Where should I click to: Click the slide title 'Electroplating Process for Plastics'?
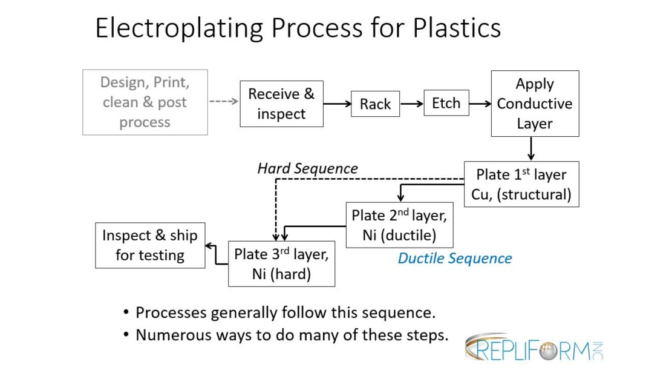(x=298, y=28)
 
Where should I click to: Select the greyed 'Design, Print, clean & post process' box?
(x=145, y=102)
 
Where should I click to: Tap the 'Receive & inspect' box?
(x=281, y=104)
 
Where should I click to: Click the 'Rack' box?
(x=375, y=104)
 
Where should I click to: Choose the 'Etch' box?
(x=446, y=103)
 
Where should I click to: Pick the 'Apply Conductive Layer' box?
(x=535, y=104)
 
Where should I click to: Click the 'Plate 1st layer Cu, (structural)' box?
(x=521, y=184)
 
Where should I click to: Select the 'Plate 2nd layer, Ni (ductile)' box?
(x=399, y=225)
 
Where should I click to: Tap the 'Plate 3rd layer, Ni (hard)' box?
(x=281, y=263)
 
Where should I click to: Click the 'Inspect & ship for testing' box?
(x=150, y=245)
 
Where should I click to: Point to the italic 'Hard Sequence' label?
(x=307, y=168)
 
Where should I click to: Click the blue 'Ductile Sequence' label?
(x=454, y=259)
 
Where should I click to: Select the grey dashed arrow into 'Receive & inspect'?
(x=223, y=102)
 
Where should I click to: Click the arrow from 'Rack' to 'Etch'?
(x=411, y=104)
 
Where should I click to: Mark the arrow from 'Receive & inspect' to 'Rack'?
(x=337, y=104)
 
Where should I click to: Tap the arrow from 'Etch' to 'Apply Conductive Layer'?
(x=480, y=104)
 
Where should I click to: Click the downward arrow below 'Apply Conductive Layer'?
(x=530, y=148)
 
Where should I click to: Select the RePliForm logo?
(x=533, y=347)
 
